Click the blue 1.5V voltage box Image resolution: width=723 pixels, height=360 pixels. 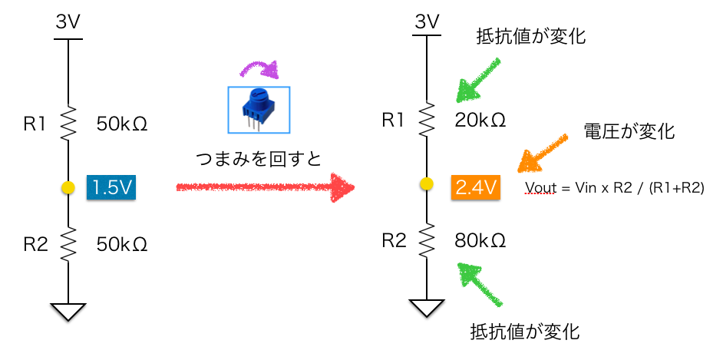pos(111,187)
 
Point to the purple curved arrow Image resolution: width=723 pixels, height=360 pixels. pos(259,71)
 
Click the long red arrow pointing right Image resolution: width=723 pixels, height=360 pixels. pos(265,187)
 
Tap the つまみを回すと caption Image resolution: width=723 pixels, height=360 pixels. pos(256,157)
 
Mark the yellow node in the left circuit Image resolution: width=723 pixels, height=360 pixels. pos(68,187)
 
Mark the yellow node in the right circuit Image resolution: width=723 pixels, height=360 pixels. pos(428,184)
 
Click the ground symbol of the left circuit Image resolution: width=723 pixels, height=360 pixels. pos(68,310)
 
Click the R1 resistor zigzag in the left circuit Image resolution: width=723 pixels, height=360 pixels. pos(68,122)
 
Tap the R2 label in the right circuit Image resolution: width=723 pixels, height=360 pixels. pos(394,241)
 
